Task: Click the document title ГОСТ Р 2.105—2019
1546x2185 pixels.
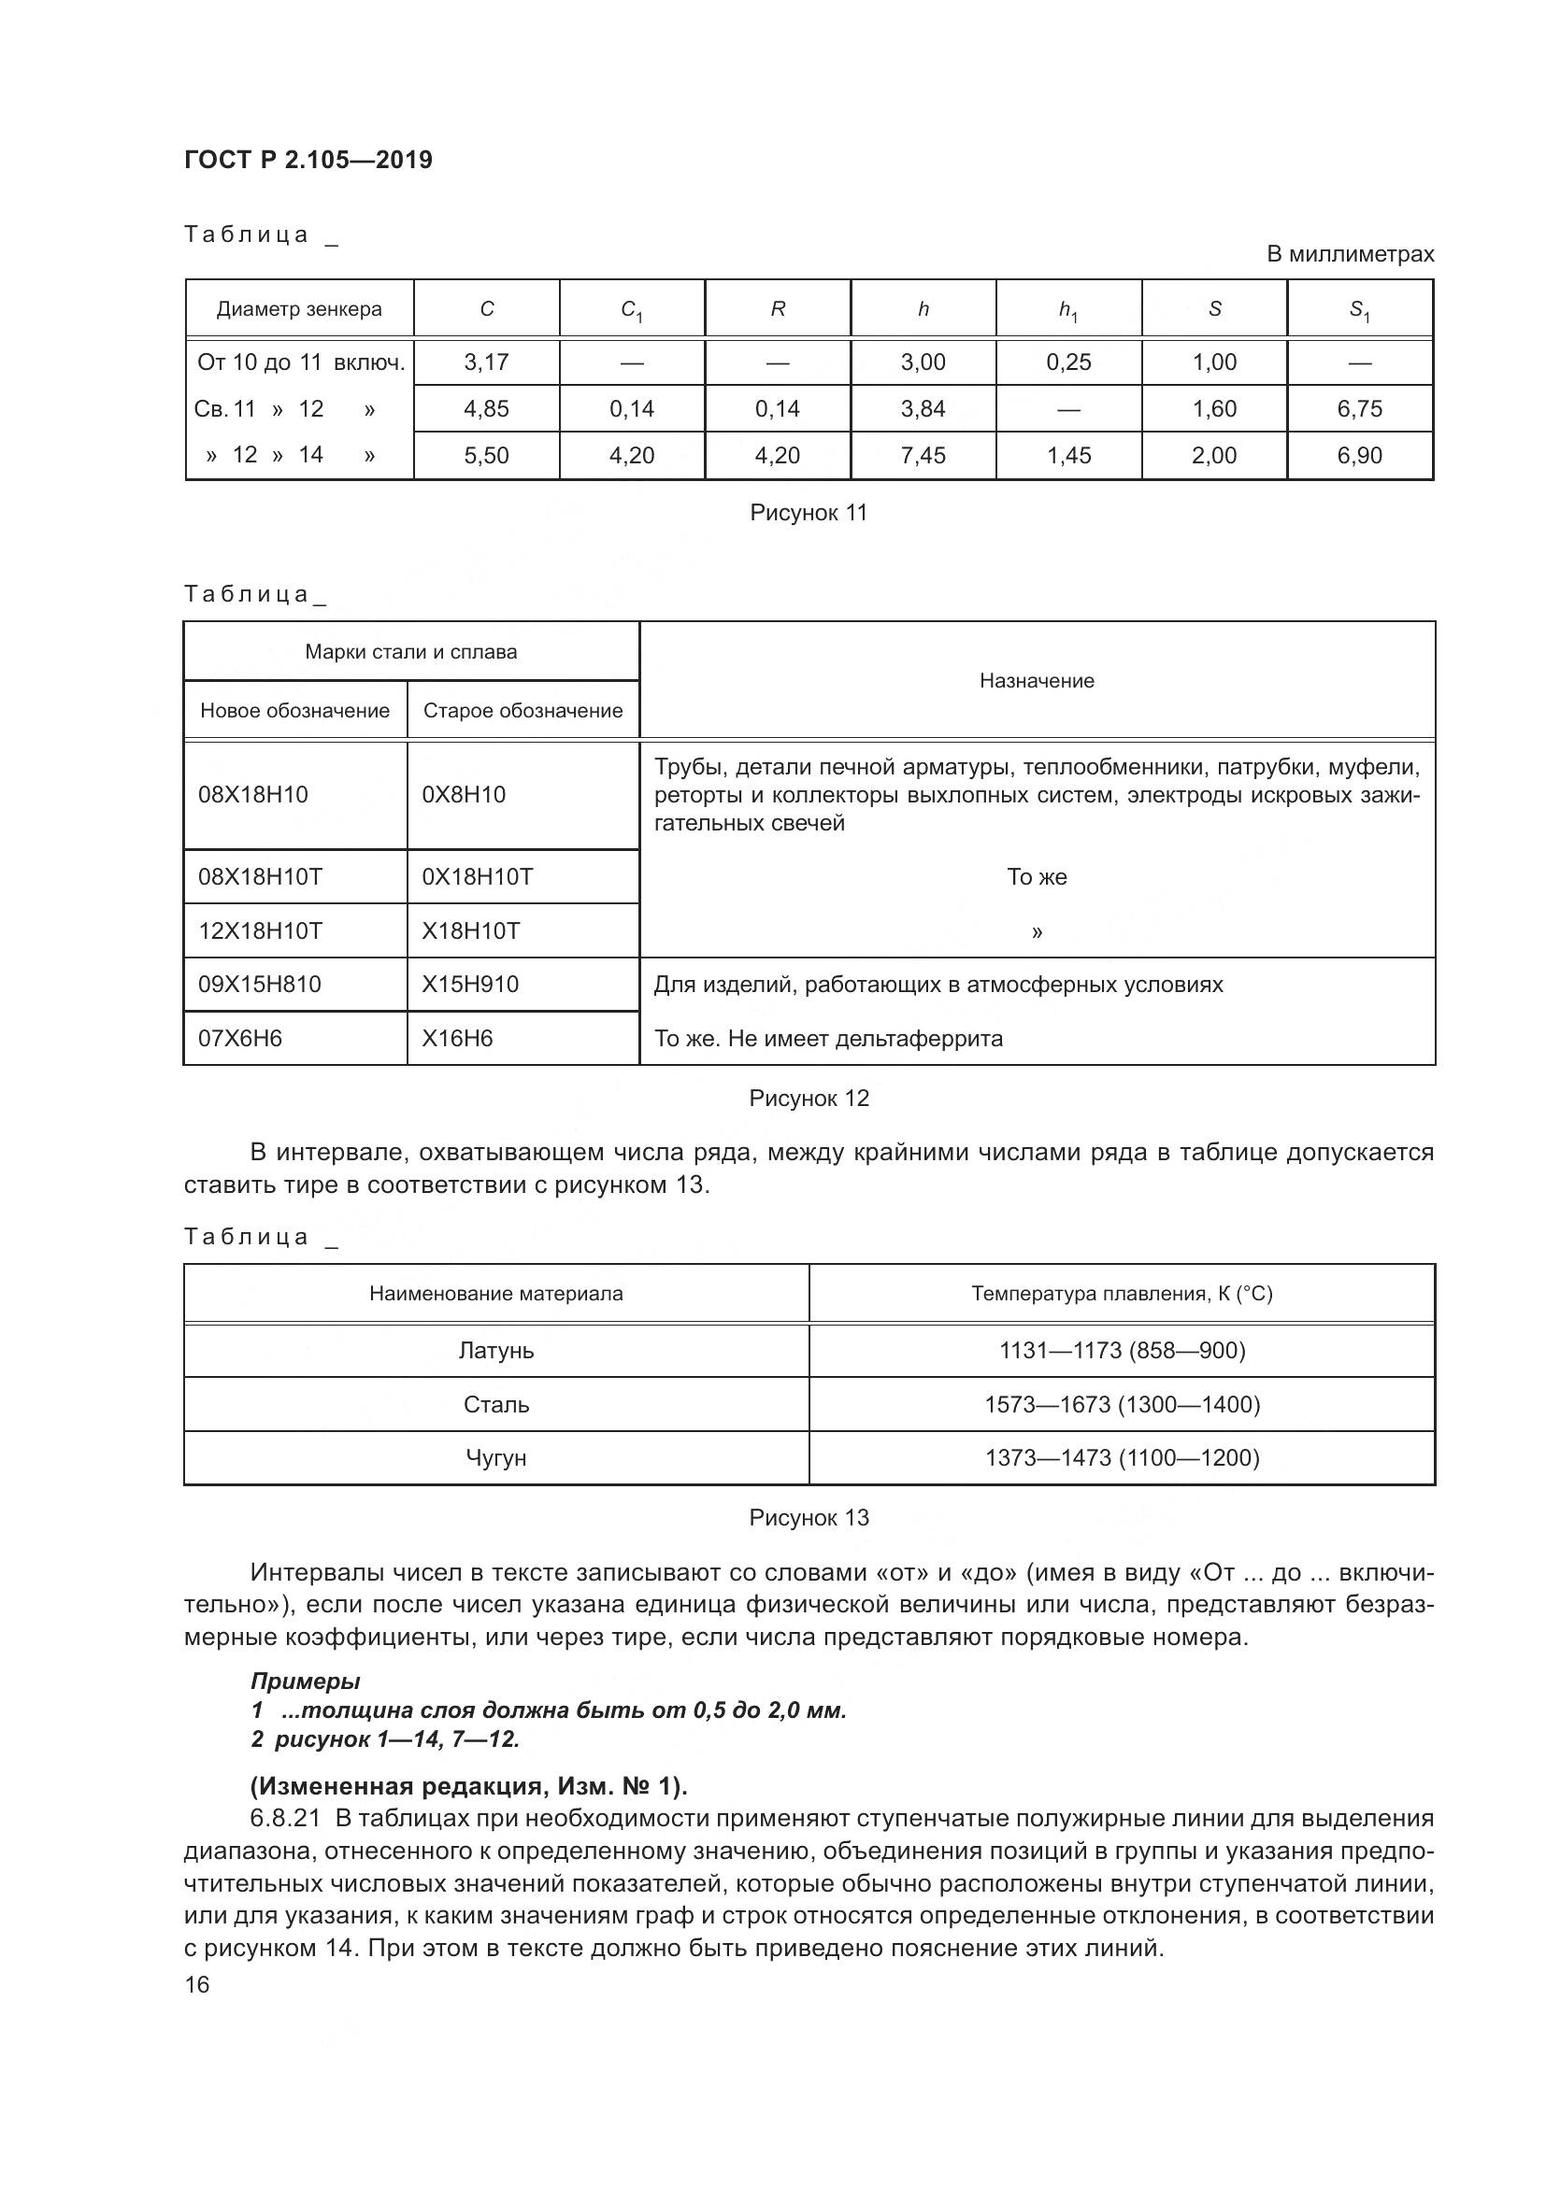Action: click(308, 160)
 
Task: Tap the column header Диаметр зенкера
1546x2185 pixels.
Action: click(299, 309)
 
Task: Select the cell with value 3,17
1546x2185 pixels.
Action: click(486, 362)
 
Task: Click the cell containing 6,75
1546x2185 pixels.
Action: click(1359, 409)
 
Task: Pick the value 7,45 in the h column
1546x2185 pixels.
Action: click(923, 456)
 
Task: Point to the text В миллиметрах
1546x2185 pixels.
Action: click(1349, 254)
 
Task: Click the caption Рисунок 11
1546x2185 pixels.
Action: click(809, 513)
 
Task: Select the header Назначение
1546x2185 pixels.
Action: click(1037, 680)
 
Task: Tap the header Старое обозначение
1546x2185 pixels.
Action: click(522, 711)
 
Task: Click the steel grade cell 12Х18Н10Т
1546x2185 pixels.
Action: click(260, 930)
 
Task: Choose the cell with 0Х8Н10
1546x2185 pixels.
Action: click(464, 795)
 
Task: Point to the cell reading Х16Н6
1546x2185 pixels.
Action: click(457, 1038)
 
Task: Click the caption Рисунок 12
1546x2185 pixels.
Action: click(809, 1099)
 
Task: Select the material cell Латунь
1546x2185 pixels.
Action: click(496, 1351)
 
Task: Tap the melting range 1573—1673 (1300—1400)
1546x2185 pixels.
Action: click(1122, 1405)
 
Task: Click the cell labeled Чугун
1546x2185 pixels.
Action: click(496, 1458)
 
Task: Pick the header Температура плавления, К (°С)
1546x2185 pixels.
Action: click(1122, 1293)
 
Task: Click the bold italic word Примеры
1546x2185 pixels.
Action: click(305, 1681)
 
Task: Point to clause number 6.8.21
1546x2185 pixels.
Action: click(285, 1819)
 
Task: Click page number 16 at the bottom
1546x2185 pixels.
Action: click(197, 1985)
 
